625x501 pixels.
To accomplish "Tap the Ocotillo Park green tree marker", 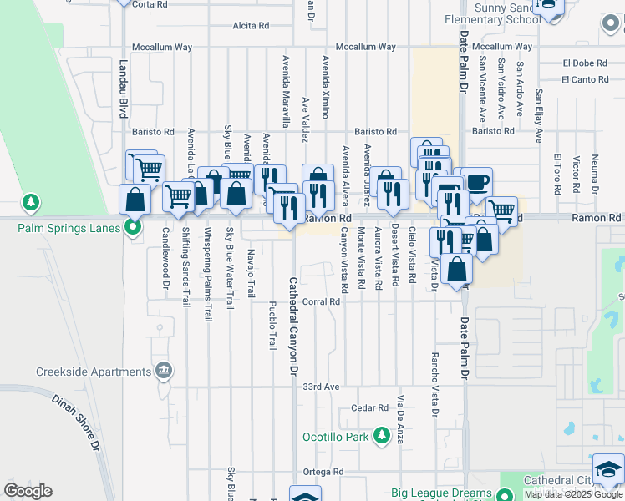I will (x=380, y=436).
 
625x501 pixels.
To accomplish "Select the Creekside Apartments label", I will (x=93, y=372).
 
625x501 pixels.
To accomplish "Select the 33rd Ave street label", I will (x=321, y=387).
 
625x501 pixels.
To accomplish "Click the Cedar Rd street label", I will (x=370, y=408).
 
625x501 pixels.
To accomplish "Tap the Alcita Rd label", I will (x=251, y=26).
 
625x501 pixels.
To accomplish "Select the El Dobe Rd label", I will (x=584, y=63).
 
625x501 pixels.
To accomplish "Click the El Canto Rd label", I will (x=584, y=80).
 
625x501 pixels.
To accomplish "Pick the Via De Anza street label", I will (x=402, y=417).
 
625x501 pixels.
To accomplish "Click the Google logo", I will (x=28, y=491).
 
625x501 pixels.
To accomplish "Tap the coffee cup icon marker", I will (x=477, y=183).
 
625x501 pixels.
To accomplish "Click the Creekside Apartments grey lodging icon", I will (x=164, y=370).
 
